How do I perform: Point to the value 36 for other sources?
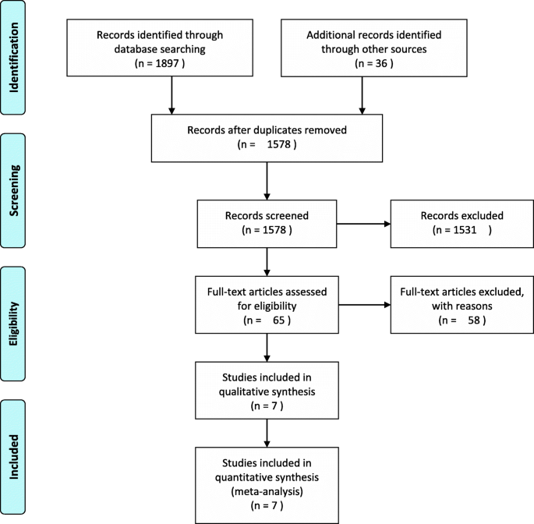pos(362,62)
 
